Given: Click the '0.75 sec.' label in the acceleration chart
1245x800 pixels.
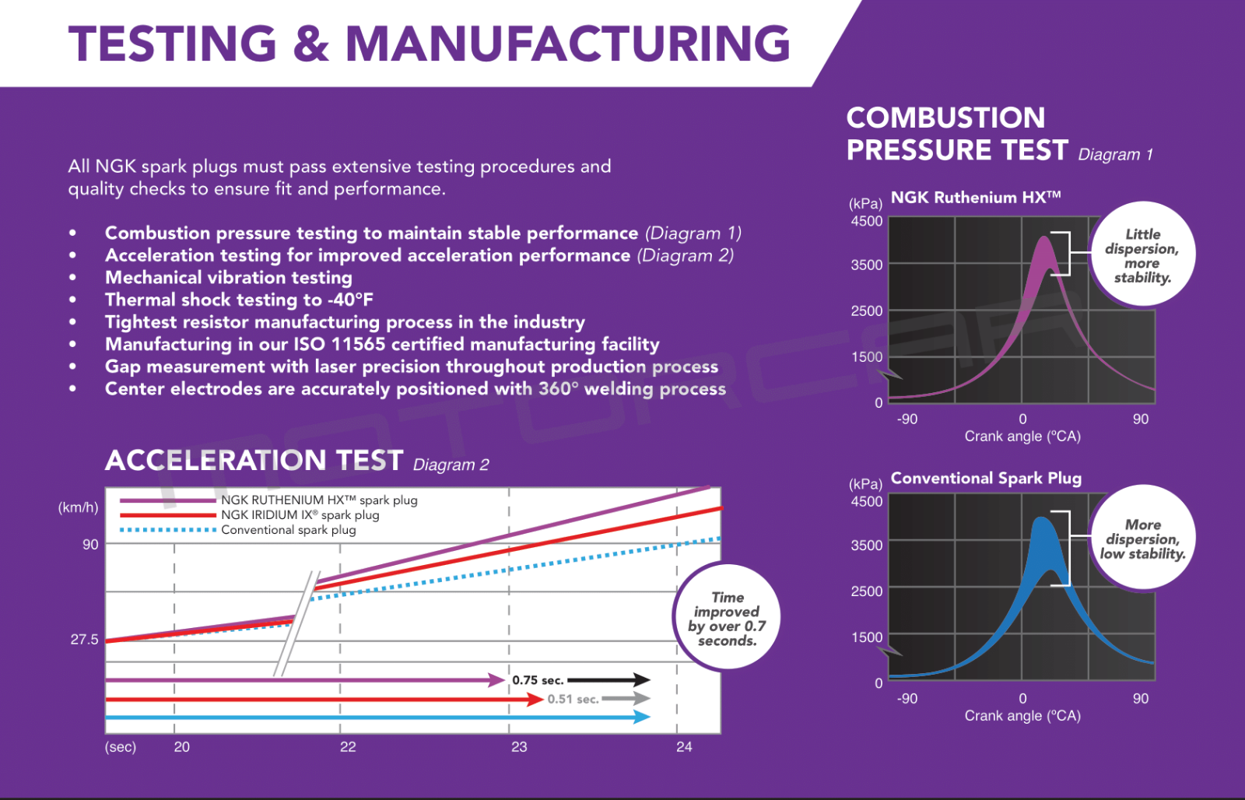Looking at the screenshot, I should pyautogui.click(x=537, y=680).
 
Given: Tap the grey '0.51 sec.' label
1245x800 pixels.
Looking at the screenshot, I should pyautogui.click(x=573, y=699).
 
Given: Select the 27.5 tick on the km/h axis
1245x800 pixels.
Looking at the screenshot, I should pyautogui.click(x=84, y=640).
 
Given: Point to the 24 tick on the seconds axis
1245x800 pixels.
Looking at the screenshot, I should pyautogui.click(x=684, y=747).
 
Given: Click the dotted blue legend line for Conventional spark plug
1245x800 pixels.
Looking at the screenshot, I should pyautogui.click(x=167, y=530).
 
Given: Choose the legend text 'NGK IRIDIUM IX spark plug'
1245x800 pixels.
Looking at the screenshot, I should pyautogui.click(x=300, y=515).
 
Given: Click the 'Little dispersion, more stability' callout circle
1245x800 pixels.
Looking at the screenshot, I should pyautogui.click(x=1142, y=255).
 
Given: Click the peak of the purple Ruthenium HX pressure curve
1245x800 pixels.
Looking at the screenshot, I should pyautogui.click(x=1044, y=239).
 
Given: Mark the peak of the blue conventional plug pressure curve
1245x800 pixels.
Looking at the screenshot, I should pyautogui.click(x=1041, y=520).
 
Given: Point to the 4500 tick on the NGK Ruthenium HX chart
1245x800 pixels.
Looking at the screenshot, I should pyautogui.click(x=867, y=221).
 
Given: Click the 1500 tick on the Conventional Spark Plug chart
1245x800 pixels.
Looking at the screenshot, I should pyautogui.click(x=867, y=637).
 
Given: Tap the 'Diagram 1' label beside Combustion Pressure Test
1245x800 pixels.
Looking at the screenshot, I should pyautogui.click(x=1115, y=154).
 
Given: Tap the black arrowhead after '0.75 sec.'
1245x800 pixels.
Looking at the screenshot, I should pyautogui.click(x=641, y=680).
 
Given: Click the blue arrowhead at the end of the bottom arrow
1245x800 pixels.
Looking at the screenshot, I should pyautogui.click(x=642, y=717).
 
